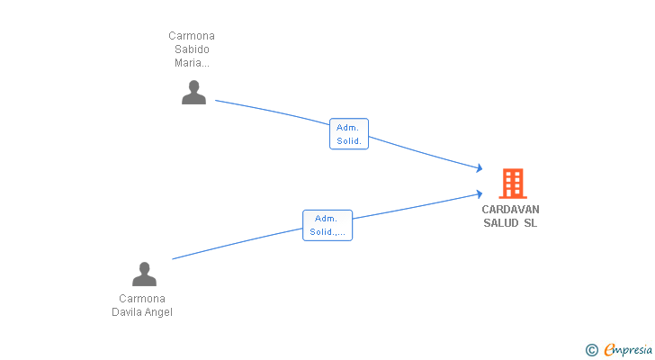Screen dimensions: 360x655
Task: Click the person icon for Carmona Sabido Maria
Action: pyautogui.click(x=193, y=93)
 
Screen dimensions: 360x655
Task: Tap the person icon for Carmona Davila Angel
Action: pyautogui.click(x=144, y=274)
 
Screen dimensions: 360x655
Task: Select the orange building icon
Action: pyautogui.click(x=512, y=184)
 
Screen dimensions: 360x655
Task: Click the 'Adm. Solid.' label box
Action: pyautogui.click(x=349, y=134)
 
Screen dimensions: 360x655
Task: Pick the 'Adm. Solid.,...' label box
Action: pyautogui.click(x=327, y=225)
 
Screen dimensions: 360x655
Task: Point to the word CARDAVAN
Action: pyautogui.click(x=510, y=210)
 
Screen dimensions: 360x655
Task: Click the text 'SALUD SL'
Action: pyautogui.click(x=510, y=223)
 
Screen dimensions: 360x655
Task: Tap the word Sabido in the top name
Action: pyautogui.click(x=192, y=49)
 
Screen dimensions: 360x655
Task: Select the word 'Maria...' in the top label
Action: pyautogui.click(x=192, y=63)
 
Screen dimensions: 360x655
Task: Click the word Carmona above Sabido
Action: pyautogui.click(x=192, y=36)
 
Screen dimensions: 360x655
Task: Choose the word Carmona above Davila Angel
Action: pyautogui.click(x=142, y=299)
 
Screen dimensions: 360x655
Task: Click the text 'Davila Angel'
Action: pyautogui.click(x=142, y=312)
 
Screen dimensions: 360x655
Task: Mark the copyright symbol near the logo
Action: pyautogui.click(x=591, y=349)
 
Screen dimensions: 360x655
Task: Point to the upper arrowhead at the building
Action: pyautogui.click(x=480, y=168)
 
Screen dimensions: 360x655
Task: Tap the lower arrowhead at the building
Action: pyautogui.click(x=480, y=193)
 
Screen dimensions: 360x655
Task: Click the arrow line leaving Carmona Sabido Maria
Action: pyautogui.click(x=270, y=109)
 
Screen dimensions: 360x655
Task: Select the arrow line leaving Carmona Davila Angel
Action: pyautogui.click(x=234, y=245)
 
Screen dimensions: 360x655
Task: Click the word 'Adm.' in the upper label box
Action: pyautogui.click(x=349, y=128)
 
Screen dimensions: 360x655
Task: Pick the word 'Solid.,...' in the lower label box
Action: pyautogui.click(x=327, y=232)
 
